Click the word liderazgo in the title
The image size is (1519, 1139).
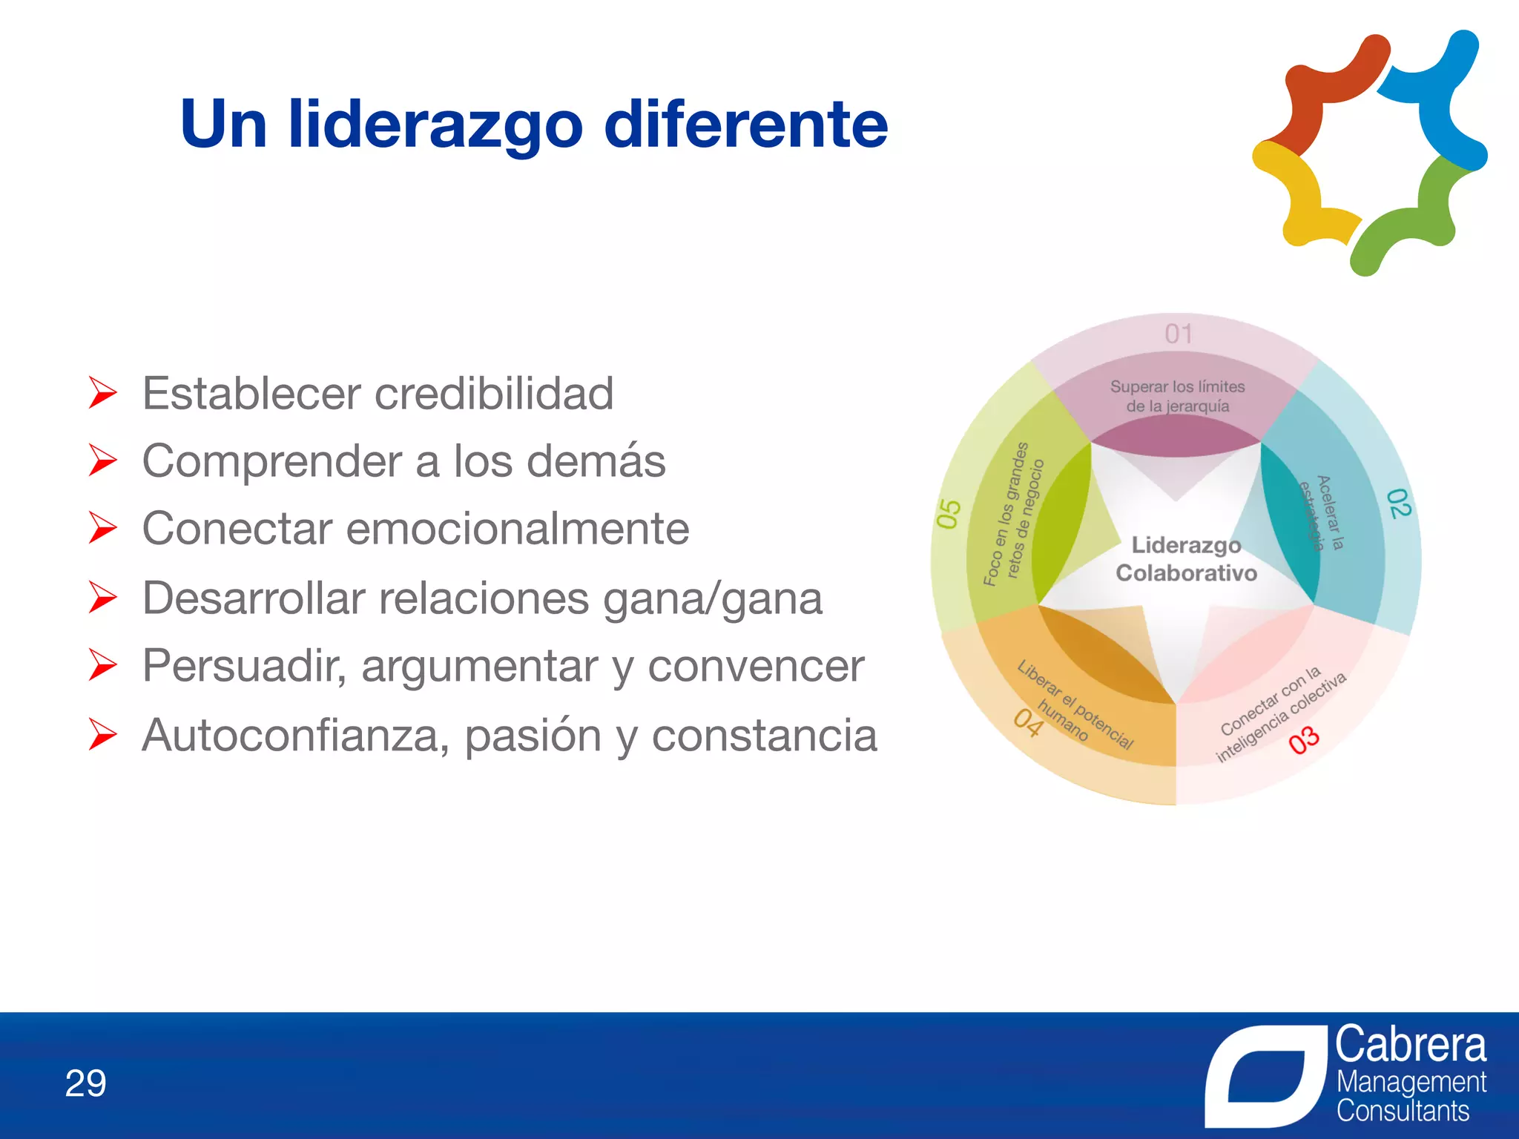coord(435,125)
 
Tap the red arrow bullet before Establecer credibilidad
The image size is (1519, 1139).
coord(102,392)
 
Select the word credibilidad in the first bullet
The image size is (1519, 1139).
coord(494,393)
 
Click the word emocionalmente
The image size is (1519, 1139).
coord(518,529)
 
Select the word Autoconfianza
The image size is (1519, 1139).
coord(295,736)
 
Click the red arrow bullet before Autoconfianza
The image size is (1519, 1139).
coord(102,734)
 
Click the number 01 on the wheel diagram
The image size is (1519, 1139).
coord(1179,334)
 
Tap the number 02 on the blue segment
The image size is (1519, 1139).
coord(1397,504)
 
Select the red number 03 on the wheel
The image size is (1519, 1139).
coord(1303,740)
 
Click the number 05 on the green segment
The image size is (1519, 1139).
coord(949,514)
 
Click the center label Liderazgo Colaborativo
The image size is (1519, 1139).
coord(1185,559)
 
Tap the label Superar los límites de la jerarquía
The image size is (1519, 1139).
coord(1177,396)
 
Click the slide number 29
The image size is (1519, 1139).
coord(86,1083)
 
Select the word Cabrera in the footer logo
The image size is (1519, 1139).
coord(1411,1045)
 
